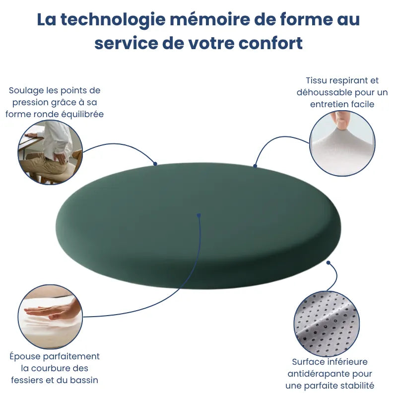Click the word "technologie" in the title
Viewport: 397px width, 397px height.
point(113,20)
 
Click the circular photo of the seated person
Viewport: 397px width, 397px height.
point(50,152)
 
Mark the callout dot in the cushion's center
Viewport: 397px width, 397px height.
point(198,215)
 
